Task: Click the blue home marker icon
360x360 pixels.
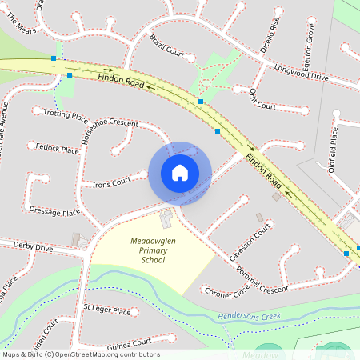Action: coord(180,173)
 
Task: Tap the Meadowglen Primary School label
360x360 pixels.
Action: coord(153,250)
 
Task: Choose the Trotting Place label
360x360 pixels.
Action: coord(66,115)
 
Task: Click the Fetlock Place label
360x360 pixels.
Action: coord(58,149)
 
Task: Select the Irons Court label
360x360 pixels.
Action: coord(111,183)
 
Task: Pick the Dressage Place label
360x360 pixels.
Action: coord(54,212)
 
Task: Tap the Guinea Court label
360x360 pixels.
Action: coord(129,342)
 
